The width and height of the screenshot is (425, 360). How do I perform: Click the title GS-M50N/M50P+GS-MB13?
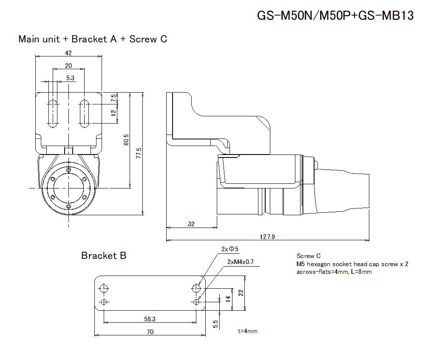pyautogui.click(x=335, y=16)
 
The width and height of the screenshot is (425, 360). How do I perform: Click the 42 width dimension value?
pyautogui.click(x=68, y=53)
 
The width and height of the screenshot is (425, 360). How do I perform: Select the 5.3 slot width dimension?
pyautogui.click(x=71, y=78)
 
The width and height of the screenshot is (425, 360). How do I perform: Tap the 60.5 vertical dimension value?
pyautogui.click(x=126, y=140)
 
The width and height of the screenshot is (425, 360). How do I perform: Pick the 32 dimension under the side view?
pyautogui.click(x=191, y=224)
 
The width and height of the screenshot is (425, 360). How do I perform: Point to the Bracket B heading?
pyautogui.click(x=104, y=256)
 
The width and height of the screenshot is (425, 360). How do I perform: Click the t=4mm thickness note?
pyautogui.click(x=248, y=331)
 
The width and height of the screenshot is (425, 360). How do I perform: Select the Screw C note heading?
pyautogui.click(x=306, y=256)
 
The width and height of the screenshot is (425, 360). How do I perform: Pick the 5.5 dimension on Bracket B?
pyautogui.click(x=215, y=324)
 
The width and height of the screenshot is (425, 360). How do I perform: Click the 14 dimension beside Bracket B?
pyautogui.click(x=228, y=298)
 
